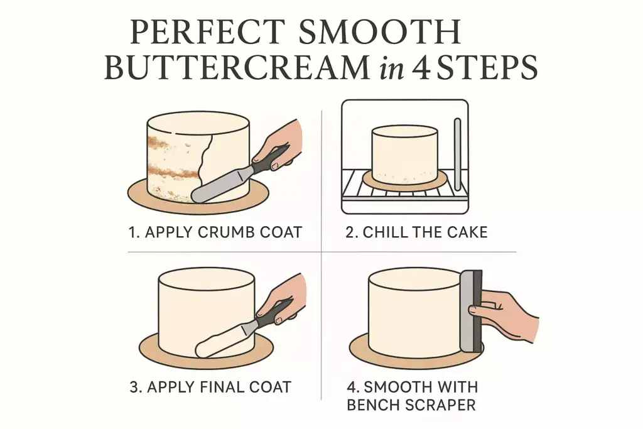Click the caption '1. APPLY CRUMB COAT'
click(215, 232)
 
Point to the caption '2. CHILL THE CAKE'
click(416, 232)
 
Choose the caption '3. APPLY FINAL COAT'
click(210, 386)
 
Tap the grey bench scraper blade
click(467, 311)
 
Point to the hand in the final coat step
click(286, 298)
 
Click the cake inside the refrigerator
click(404, 154)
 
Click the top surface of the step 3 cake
click(206, 278)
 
